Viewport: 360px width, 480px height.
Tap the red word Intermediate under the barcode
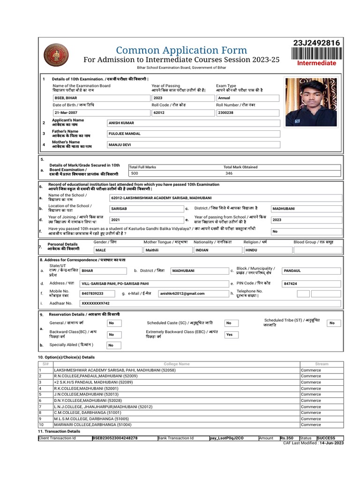[317, 63]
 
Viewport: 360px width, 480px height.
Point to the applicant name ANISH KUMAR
[121, 123]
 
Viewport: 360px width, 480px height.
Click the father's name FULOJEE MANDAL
[125, 134]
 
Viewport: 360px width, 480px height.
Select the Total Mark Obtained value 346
[229, 173]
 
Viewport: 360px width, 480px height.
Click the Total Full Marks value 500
[135, 173]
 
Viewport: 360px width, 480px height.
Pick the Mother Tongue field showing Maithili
[152, 251]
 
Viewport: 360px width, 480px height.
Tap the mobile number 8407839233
[92, 293]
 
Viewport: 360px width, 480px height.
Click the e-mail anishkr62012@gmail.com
[182, 293]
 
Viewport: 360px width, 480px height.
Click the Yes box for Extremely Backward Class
[229, 335]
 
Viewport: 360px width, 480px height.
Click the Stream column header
[322, 364]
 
